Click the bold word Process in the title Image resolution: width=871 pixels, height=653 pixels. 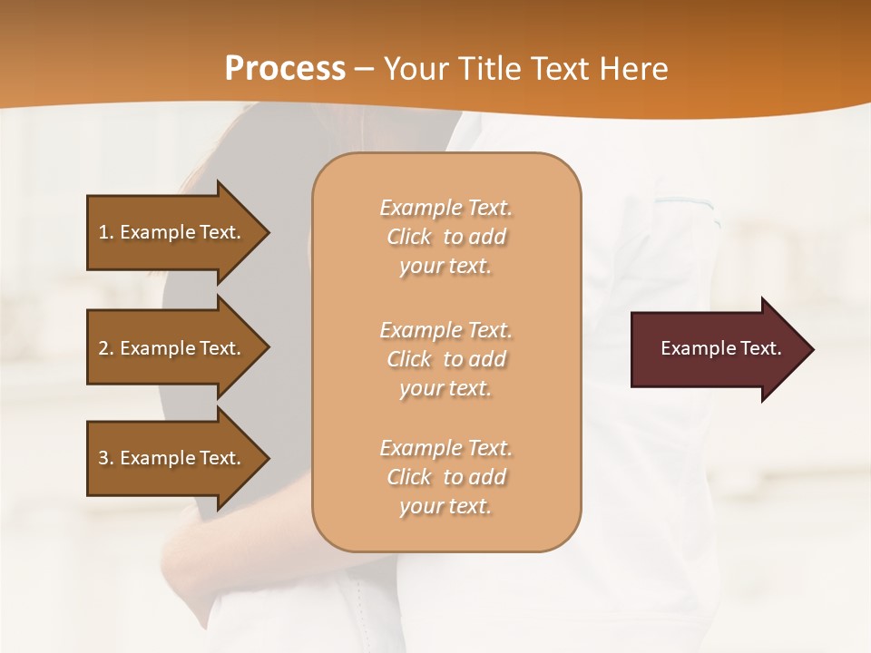pyautogui.click(x=285, y=69)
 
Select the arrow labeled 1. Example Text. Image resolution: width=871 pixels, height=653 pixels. pyautogui.click(x=172, y=232)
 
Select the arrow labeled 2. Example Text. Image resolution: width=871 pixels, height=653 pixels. pyautogui.click(x=172, y=348)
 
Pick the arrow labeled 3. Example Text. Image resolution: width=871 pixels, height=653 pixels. pyautogui.click(x=172, y=458)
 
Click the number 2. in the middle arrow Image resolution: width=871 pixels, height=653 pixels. pyautogui.click(x=106, y=348)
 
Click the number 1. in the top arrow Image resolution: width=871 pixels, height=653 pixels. pyautogui.click(x=106, y=232)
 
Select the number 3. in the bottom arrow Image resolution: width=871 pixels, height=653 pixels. pyautogui.click(x=106, y=458)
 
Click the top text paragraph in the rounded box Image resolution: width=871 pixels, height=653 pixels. pyautogui.click(x=445, y=237)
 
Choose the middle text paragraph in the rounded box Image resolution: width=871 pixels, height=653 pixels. pyautogui.click(x=445, y=359)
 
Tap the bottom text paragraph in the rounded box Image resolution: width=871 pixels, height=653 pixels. pyautogui.click(x=445, y=477)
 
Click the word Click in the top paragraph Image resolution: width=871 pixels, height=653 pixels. pyautogui.click(x=409, y=237)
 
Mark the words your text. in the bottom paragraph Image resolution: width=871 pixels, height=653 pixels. pyautogui.click(x=445, y=506)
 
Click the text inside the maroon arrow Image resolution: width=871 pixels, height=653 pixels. pyautogui.click(x=720, y=348)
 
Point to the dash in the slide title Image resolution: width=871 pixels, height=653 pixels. pyautogui.click(x=364, y=70)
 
